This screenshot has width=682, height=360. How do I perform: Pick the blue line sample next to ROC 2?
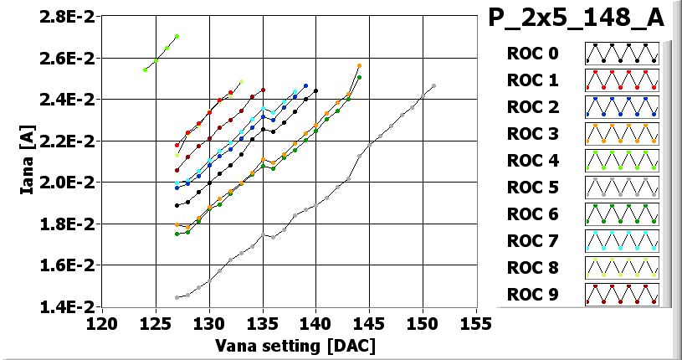pyautogui.click(x=622, y=107)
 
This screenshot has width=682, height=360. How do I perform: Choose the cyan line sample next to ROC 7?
pyautogui.click(x=622, y=241)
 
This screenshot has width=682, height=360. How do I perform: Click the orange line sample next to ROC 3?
pyautogui.click(x=622, y=134)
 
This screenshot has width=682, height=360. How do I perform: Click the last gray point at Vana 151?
pyautogui.click(x=433, y=85)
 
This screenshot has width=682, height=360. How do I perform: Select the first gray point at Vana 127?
pyautogui.click(x=177, y=297)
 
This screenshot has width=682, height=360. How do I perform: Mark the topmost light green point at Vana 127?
pyautogui.click(x=177, y=36)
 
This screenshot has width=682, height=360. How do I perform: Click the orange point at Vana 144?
pyautogui.click(x=359, y=65)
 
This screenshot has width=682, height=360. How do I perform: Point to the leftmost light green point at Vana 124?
pyautogui.click(x=145, y=69)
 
